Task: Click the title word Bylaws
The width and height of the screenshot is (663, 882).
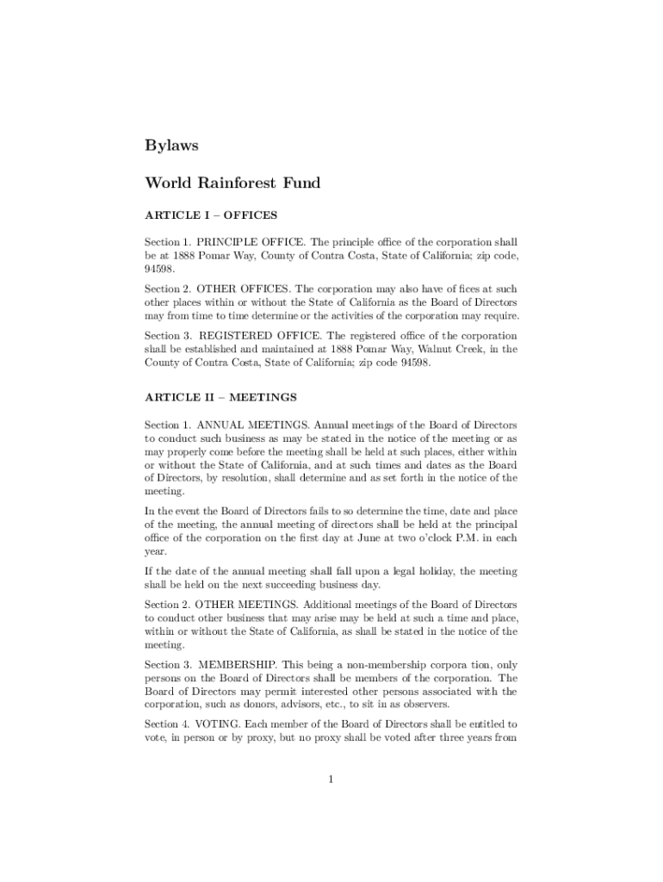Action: pos(171,146)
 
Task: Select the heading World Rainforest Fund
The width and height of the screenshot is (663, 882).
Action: pos(232,183)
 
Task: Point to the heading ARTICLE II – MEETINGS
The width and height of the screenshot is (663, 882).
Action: pos(220,397)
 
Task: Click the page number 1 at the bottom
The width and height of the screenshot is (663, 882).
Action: pos(331,780)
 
